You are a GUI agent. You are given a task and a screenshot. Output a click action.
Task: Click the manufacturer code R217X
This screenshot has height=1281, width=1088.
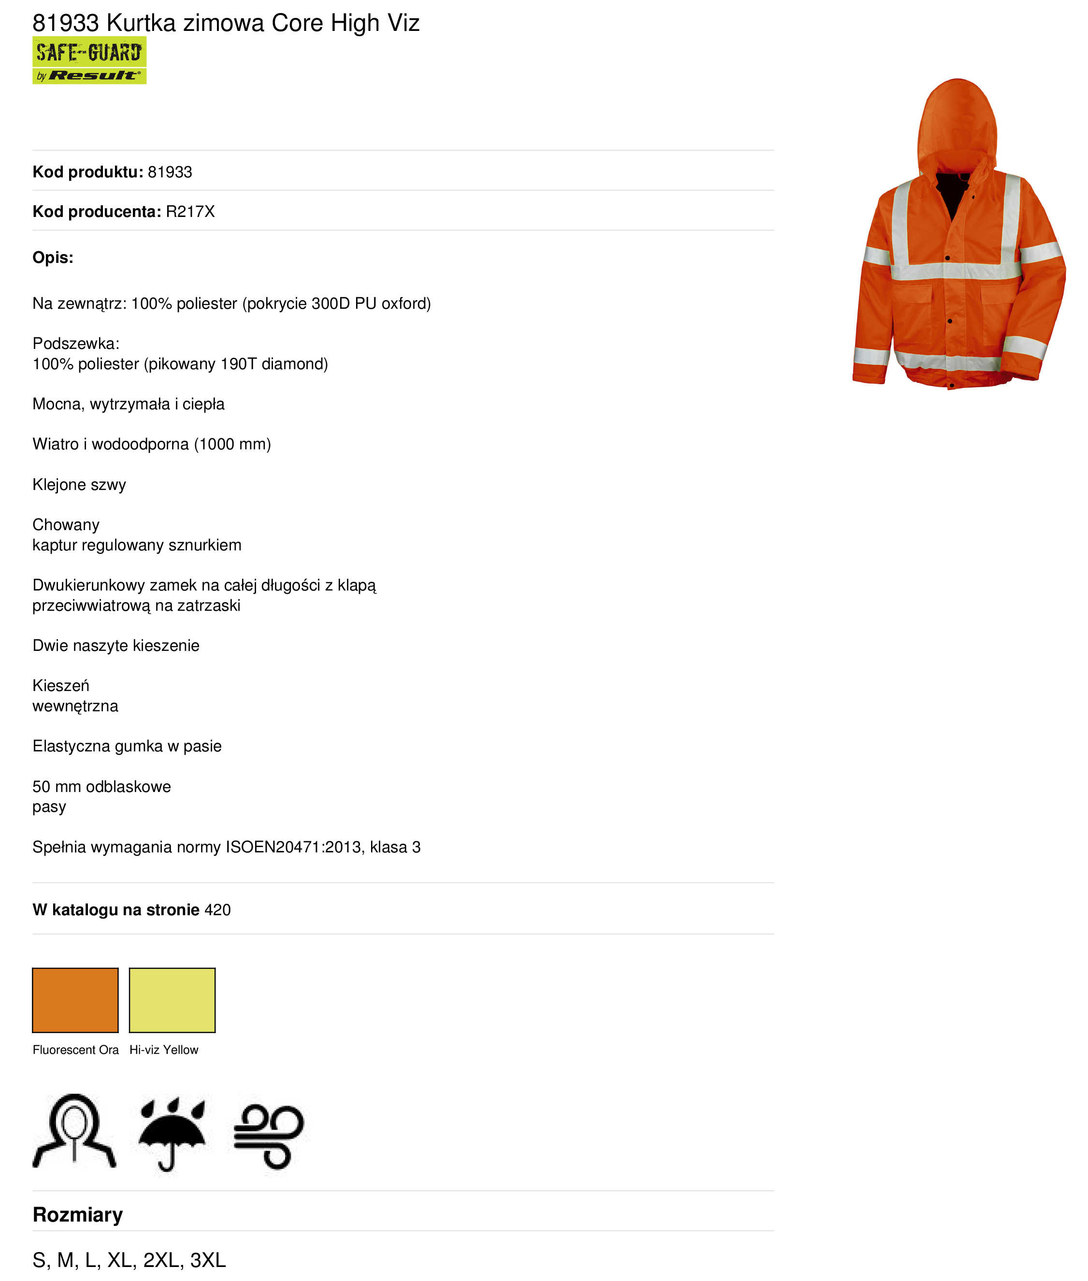[x=190, y=212]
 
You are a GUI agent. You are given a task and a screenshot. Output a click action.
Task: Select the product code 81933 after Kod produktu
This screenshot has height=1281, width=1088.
[x=170, y=172]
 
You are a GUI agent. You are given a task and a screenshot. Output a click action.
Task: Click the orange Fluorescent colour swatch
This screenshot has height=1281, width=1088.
[x=75, y=1000]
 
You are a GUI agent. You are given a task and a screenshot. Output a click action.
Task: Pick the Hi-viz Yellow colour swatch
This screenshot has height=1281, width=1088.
[x=172, y=1000]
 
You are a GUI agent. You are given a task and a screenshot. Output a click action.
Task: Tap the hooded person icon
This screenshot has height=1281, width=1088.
[x=74, y=1131]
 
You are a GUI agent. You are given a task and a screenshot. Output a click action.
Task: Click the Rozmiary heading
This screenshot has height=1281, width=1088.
[x=78, y=1214]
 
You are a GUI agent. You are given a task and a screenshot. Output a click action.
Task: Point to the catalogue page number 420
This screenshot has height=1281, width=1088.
[x=218, y=910]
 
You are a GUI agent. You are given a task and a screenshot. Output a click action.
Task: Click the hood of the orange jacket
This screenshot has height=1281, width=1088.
[x=957, y=123]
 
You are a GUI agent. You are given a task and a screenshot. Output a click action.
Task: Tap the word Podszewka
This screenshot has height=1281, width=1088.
[x=75, y=344]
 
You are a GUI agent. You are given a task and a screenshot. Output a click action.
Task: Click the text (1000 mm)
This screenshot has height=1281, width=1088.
[x=232, y=444]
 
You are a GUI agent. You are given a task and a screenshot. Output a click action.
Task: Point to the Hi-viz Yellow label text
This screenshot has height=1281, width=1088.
[x=163, y=1050]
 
